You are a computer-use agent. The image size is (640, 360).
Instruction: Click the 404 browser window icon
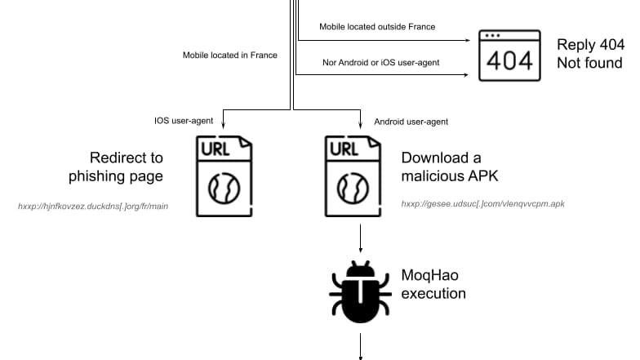pyautogui.click(x=509, y=56)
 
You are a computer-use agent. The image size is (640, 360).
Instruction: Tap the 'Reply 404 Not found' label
pyautogui.click(x=589, y=53)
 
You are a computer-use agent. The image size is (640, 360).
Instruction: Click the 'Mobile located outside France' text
pyautogui.click(x=377, y=27)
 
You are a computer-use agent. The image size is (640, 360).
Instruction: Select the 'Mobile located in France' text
pyautogui.click(x=229, y=56)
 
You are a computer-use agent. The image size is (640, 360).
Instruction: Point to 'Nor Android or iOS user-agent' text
pyautogui.click(x=378, y=63)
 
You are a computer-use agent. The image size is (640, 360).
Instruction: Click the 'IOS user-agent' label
pyautogui.click(x=184, y=121)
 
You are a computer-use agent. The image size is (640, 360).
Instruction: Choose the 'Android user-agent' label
pyautogui.click(x=411, y=122)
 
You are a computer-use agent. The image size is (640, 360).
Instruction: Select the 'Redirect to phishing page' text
pyautogui.click(x=127, y=167)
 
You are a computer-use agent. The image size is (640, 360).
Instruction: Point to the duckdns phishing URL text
pyautogui.click(x=93, y=207)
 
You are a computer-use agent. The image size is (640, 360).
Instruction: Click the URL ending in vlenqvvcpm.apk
pyautogui.click(x=482, y=204)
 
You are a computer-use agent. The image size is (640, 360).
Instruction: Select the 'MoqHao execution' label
pyautogui.click(x=433, y=284)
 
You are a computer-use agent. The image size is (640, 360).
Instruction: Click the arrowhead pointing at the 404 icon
pyautogui.click(x=471, y=38)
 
